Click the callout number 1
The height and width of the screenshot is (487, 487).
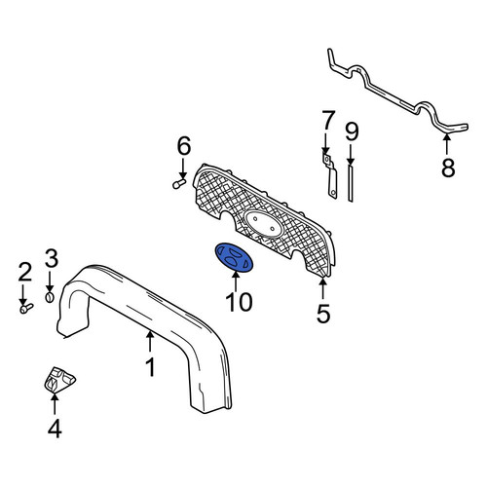click(150, 367)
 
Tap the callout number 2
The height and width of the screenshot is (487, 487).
click(25, 272)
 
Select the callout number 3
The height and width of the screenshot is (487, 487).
click(52, 258)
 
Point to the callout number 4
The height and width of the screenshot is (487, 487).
click(55, 429)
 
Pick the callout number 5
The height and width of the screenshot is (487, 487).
click(323, 314)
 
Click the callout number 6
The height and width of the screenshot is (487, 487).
click(184, 146)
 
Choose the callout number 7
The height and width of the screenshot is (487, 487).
click(328, 120)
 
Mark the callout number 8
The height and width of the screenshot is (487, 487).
click(448, 168)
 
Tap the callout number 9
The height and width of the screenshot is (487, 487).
click(352, 132)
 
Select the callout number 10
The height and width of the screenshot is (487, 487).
click(240, 302)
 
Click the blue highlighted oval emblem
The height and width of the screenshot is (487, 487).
click(234, 256)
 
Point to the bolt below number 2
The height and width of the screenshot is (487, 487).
click(26, 308)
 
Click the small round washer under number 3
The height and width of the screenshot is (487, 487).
click(50, 297)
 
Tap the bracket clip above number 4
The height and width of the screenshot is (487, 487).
click(59, 380)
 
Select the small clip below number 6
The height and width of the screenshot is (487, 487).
click(179, 184)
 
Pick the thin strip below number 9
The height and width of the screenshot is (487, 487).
click(351, 183)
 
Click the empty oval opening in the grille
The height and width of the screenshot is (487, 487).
click(264, 223)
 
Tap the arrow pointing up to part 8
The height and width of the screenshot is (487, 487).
click(447, 144)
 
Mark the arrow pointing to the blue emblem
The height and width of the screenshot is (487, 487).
click(236, 281)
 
